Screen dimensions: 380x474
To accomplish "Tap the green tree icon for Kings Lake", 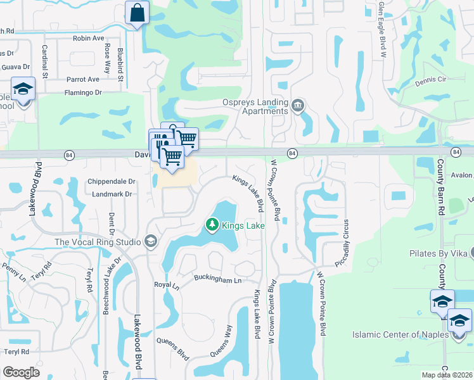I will coord(212,225).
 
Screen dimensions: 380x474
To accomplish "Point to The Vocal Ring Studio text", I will coord(98,242).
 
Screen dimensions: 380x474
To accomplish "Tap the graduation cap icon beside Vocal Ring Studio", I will coord(151,241).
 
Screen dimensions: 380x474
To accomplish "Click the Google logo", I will coord(21,372).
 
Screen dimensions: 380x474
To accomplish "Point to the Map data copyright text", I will coord(446,375).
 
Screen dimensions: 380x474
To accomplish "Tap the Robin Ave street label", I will coord(88,38).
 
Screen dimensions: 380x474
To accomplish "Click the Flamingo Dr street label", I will coord(82,92).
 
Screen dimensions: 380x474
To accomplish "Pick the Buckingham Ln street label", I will coord(218,280).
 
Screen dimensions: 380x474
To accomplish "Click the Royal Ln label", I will coord(167,285).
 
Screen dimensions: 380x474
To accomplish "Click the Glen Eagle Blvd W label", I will coord(382,28).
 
